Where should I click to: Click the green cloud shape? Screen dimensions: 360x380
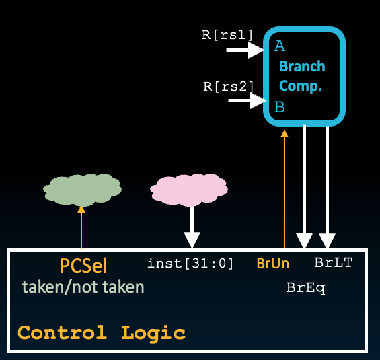(x=82, y=190)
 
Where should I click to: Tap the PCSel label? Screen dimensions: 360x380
(x=83, y=265)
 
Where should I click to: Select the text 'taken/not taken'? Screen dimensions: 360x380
(x=83, y=287)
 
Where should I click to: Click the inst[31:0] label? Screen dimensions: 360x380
(x=190, y=264)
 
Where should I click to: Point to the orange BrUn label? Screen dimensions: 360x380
(x=273, y=264)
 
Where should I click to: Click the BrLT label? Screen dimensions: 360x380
(x=333, y=262)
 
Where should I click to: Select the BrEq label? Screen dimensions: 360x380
(x=306, y=287)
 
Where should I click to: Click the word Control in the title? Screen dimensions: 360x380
(x=62, y=332)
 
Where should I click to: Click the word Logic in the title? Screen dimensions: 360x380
(x=153, y=332)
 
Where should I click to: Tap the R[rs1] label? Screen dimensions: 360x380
(x=227, y=33)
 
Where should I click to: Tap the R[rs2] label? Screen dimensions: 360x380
(x=228, y=86)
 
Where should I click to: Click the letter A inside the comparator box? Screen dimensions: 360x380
(x=279, y=46)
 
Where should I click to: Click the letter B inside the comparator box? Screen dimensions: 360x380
(x=279, y=106)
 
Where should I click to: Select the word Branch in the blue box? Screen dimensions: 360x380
(x=302, y=67)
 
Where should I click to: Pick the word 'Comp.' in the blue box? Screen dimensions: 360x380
(x=301, y=86)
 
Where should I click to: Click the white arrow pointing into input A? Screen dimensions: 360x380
(x=246, y=49)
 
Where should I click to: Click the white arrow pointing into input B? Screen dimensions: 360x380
(x=248, y=101)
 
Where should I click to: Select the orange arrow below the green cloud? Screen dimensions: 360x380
(x=82, y=228)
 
